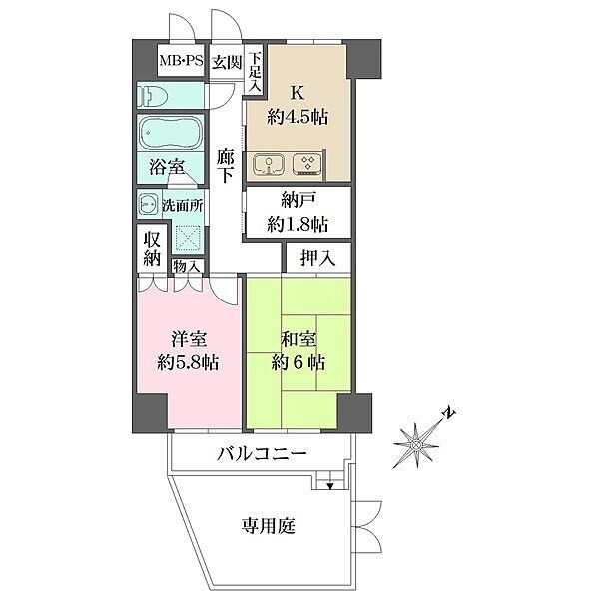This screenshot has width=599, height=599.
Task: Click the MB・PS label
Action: (181, 60)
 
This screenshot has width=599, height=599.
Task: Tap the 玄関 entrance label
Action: (227, 62)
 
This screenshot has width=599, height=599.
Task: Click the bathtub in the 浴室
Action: (171, 132)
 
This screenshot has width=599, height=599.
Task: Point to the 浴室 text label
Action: (167, 167)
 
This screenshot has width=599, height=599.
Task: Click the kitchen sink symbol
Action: (269, 165)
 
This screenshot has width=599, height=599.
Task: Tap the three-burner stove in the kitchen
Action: (307, 165)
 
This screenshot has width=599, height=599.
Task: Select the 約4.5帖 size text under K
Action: (298, 116)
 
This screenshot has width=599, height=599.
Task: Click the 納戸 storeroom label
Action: (298, 200)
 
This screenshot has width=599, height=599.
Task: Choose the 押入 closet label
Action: (317, 258)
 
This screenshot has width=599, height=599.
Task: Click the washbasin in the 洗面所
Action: (148, 204)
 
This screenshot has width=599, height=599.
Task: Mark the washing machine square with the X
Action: (188, 238)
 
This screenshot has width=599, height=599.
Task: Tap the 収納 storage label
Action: (152, 249)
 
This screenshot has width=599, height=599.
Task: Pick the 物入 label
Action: (186, 266)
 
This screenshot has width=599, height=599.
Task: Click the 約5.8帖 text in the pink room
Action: (188, 362)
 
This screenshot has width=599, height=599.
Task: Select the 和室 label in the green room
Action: (299, 340)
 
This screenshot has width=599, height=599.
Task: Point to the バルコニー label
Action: (262, 454)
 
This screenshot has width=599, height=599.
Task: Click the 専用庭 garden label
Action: (269, 526)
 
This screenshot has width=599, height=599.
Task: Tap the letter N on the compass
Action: (449, 413)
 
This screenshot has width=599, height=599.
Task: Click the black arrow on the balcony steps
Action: (330, 486)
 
